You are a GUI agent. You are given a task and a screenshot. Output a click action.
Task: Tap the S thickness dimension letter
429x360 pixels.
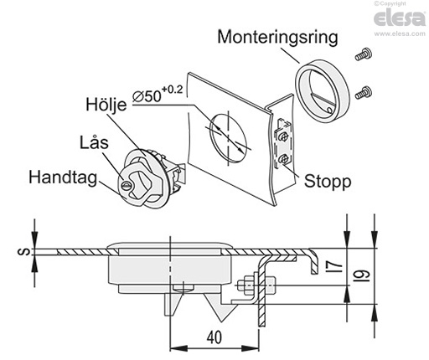[26, 253]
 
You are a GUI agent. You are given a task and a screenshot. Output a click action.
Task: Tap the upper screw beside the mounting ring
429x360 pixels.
[362, 55]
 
